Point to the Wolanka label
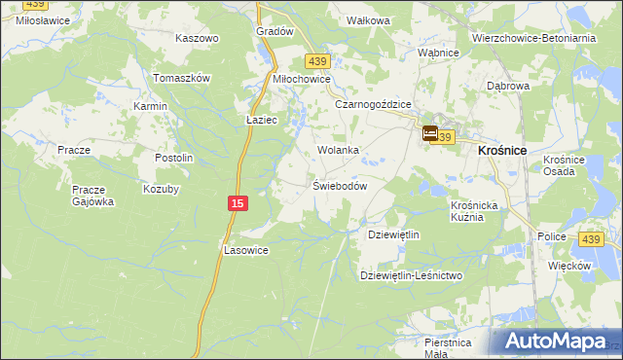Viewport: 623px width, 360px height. [338, 151]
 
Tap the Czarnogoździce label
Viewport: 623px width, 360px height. [373, 104]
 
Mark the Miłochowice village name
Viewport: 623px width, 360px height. [302, 79]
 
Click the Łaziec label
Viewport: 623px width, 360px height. [262, 120]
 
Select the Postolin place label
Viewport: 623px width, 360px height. [175, 158]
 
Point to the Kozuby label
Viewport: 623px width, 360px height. [162, 189]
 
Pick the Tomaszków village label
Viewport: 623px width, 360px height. [182, 78]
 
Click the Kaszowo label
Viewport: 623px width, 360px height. [197, 38]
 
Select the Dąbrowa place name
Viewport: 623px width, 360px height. [507, 86]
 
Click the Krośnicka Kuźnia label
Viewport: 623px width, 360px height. [474, 211]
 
